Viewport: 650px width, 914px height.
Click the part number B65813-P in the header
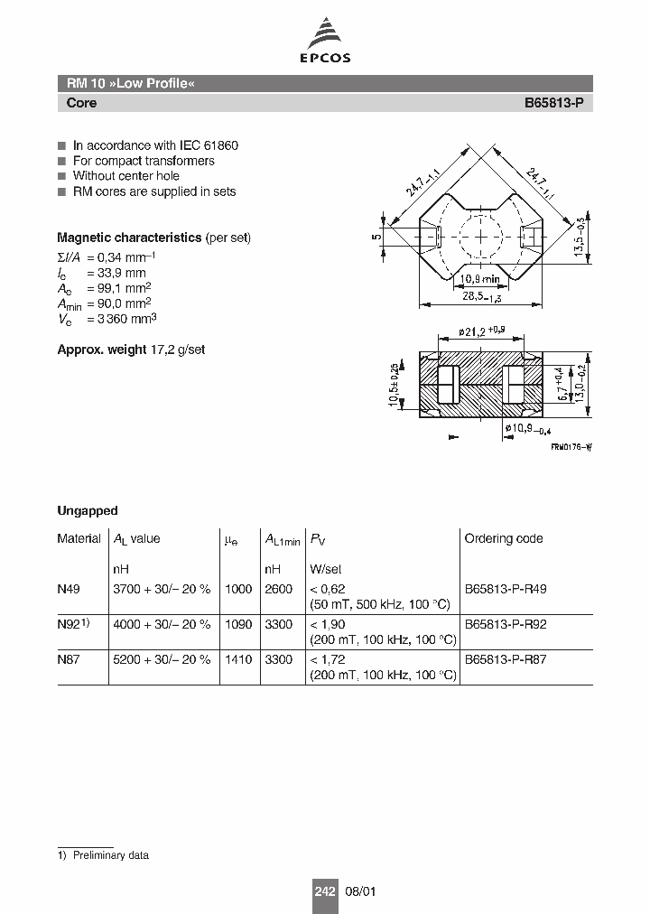(553, 103)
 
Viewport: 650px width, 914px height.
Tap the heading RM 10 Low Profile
(130, 84)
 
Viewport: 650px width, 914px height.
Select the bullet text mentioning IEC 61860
(155, 145)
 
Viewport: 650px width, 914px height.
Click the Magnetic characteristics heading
(129, 238)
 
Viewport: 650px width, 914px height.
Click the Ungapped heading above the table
(88, 510)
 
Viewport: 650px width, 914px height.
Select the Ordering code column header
(503, 538)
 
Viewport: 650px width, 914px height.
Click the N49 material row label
(69, 588)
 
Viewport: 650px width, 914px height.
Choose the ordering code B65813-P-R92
(505, 624)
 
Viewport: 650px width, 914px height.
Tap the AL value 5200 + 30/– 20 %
(161, 660)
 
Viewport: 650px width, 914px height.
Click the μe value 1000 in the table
(238, 588)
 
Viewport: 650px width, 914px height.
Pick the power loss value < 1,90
(328, 624)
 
